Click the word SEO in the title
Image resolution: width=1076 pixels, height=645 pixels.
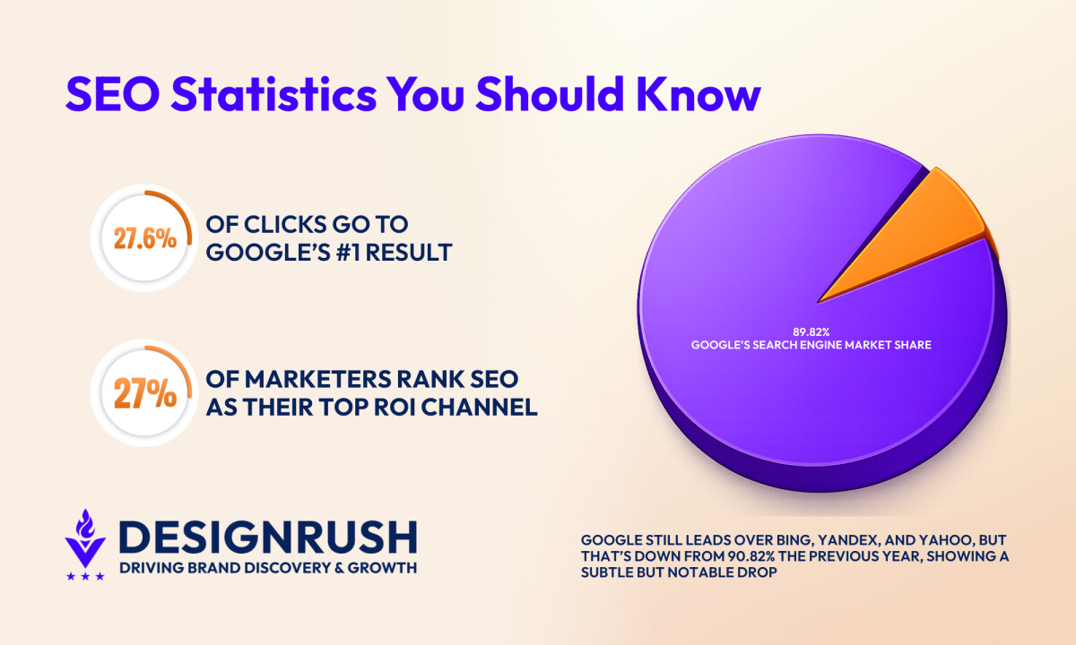pos(112,94)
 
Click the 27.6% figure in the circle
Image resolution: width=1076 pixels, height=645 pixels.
pos(145,238)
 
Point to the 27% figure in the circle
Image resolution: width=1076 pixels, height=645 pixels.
pos(145,393)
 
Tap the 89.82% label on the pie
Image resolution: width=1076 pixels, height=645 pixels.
pos(811,331)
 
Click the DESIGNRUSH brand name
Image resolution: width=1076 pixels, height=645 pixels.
pos(268,537)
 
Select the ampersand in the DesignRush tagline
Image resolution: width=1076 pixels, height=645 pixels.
pos(340,568)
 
